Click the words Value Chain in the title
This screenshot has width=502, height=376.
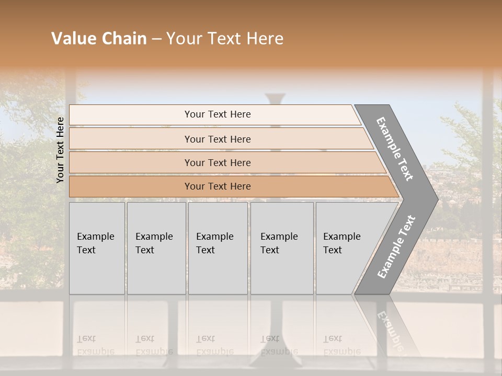tap(99, 39)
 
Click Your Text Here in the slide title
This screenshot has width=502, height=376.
tap(225, 39)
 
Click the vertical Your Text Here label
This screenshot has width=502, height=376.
tap(60, 150)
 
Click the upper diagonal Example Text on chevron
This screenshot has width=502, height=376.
tap(395, 149)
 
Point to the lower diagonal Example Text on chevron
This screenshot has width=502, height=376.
tap(396, 246)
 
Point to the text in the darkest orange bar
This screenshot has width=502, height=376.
tap(218, 186)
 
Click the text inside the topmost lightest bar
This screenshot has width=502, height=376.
tap(218, 114)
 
